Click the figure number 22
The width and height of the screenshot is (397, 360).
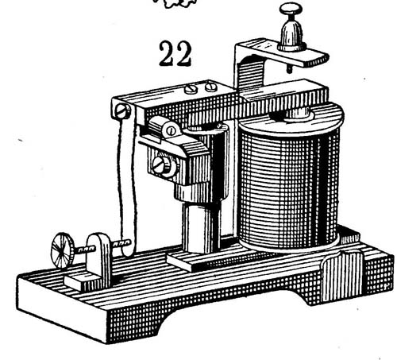[x=175, y=53]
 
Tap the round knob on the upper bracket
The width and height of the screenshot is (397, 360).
[x=291, y=9]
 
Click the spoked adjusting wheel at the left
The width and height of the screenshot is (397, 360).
[x=63, y=250]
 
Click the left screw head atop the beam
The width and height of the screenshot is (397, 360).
[x=191, y=89]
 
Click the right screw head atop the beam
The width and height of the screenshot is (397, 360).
[x=211, y=87]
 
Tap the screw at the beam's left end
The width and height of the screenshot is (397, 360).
[x=123, y=111]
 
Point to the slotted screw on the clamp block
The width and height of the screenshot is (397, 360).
[x=162, y=166]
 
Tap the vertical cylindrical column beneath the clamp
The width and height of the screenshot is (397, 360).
[x=201, y=227]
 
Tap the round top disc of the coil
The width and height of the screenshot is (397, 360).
[x=291, y=121]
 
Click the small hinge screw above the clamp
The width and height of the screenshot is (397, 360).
[x=172, y=130]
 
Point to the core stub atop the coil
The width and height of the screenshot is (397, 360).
[x=299, y=114]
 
